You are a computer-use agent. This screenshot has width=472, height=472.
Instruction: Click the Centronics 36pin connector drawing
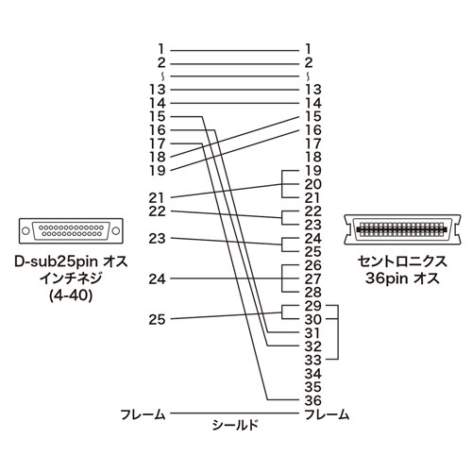pyautogui.click(x=400, y=229)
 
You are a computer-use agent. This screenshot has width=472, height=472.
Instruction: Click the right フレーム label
pyautogui.click(x=329, y=413)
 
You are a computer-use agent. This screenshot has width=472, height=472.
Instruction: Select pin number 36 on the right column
pyautogui.click(x=314, y=400)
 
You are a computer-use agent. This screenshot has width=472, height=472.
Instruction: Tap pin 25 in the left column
pyautogui.click(x=158, y=320)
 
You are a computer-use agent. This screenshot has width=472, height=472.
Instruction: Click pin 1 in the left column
pyautogui.click(x=161, y=46)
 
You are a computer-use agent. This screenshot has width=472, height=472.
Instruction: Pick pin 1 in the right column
pyautogui.click(x=311, y=46)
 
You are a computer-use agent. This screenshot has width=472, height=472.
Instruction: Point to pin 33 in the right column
pyautogui.click(x=314, y=360)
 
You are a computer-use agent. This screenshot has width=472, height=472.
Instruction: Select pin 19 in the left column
pyautogui.click(x=158, y=169)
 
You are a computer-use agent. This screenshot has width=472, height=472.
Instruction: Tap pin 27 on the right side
pyautogui.click(x=314, y=278)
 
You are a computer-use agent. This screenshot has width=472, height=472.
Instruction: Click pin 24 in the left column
pyautogui.click(x=158, y=278)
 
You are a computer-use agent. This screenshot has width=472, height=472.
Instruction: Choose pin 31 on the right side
pyautogui.click(x=314, y=332)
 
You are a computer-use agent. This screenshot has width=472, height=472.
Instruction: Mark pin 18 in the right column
pyautogui.click(x=314, y=156)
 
